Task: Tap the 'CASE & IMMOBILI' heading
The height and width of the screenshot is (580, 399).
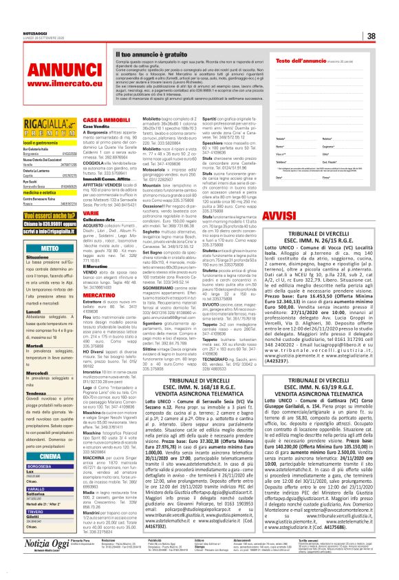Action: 101,120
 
